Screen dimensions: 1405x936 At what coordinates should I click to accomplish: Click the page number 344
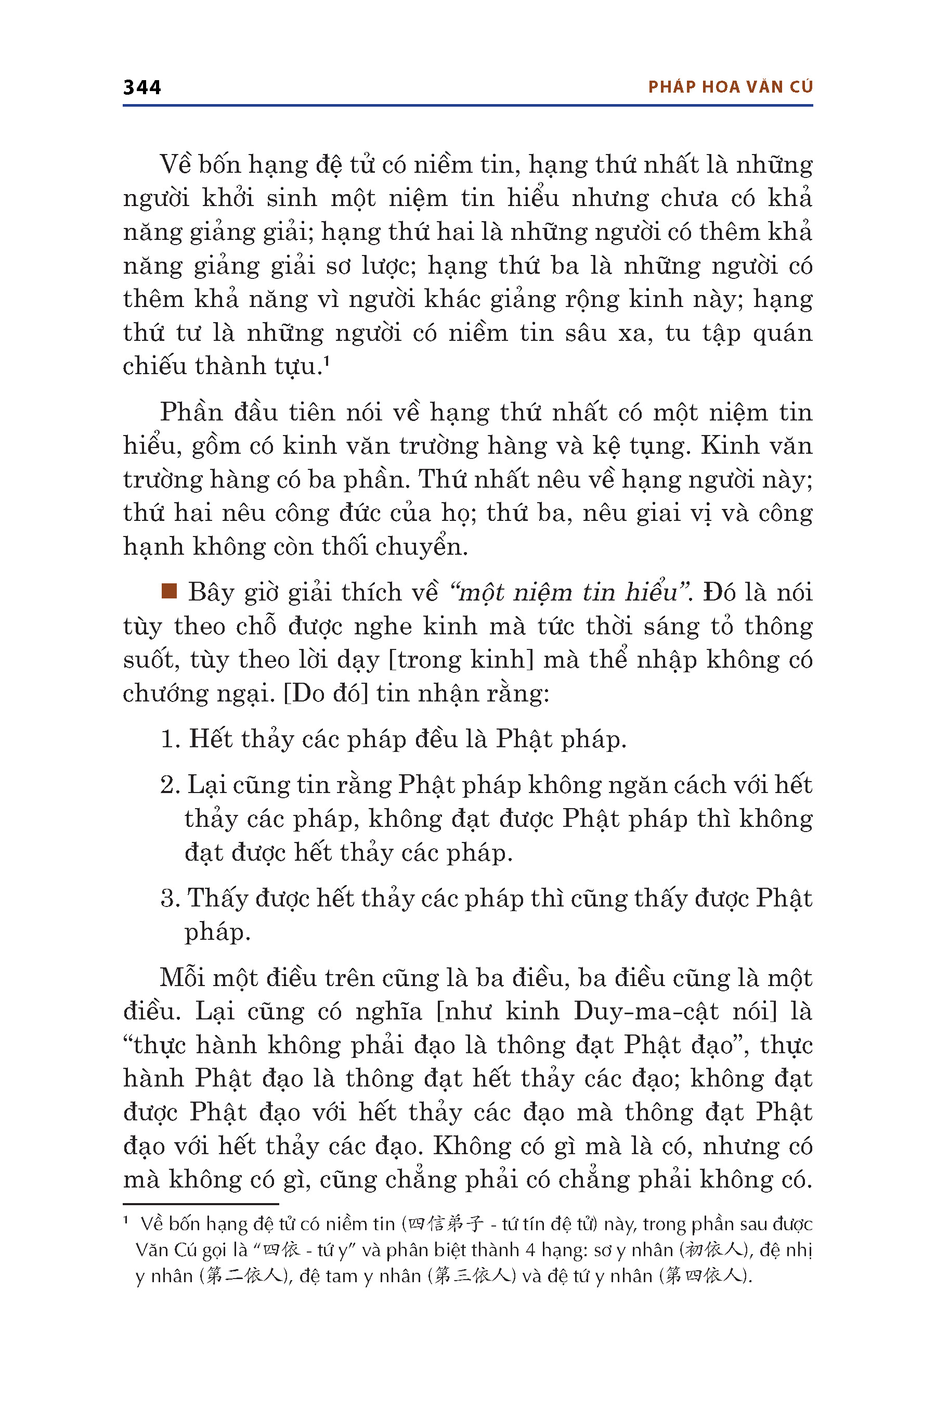(142, 87)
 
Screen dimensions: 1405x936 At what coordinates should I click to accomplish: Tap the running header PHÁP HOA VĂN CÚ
(730, 87)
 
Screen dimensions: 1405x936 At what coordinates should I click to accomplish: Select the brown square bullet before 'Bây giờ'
(170, 591)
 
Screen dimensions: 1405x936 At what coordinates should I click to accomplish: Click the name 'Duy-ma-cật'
(646, 1011)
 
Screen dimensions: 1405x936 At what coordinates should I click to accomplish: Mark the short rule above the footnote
(201, 1204)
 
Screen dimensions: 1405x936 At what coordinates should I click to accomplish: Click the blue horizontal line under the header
(467, 106)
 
